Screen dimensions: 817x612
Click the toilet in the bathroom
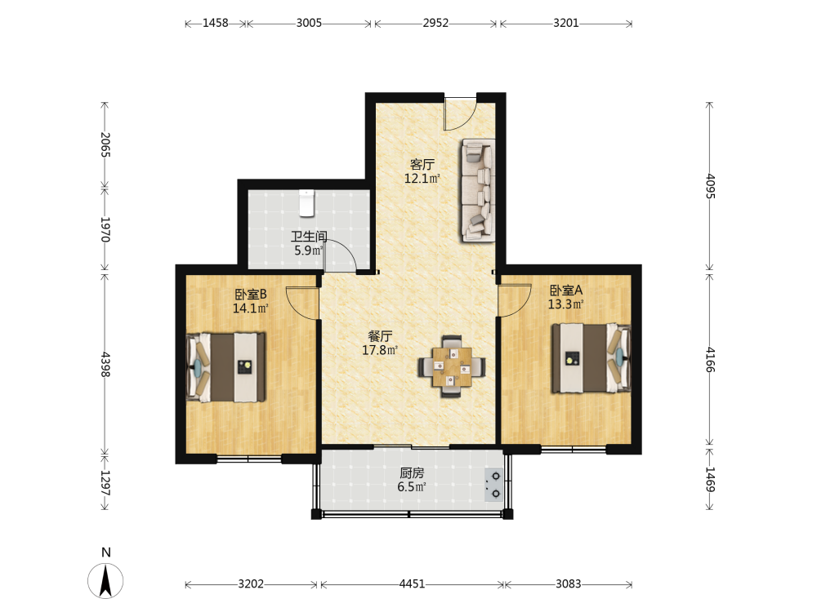point(307,203)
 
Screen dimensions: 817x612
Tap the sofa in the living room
point(478,190)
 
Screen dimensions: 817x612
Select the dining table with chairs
point(452,367)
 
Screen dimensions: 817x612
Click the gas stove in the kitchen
point(494,485)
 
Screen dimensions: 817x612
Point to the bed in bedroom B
point(226,367)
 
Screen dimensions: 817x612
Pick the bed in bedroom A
point(592,358)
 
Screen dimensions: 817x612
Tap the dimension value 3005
point(309,23)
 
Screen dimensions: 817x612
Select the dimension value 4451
point(412,584)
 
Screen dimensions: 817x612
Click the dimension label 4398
point(105,365)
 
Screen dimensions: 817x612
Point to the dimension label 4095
point(710,186)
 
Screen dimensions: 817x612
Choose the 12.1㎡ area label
point(422,179)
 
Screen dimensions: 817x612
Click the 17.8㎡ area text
point(380,350)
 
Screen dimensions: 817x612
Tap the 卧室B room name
point(251,295)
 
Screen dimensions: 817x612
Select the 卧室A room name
point(566,290)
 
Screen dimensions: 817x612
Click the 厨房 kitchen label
point(412,473)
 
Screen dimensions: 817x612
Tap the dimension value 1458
point(215,23)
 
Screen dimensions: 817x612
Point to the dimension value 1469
point(710,479)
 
